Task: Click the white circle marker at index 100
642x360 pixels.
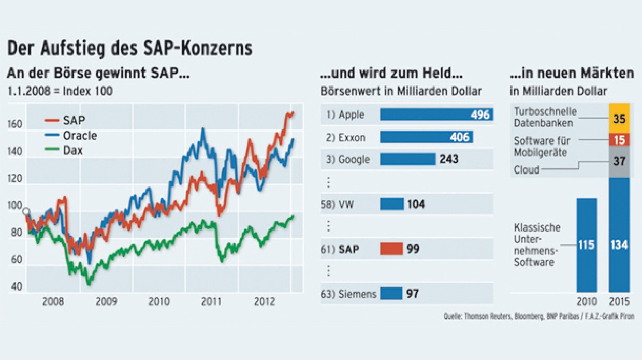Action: point(26,211)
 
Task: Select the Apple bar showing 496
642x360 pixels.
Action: point(436,114)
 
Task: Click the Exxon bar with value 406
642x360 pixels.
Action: point(426,137)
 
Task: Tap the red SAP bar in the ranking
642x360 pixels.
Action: point(391,249)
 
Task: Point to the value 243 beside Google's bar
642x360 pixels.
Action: point(449,159)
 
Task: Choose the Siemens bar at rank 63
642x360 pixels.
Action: point(391,294)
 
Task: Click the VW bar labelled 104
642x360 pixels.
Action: point(392,204)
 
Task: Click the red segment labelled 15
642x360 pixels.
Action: point(619,140)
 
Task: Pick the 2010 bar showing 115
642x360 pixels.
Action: point(587,245)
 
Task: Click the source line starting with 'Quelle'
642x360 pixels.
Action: point(538,316)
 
